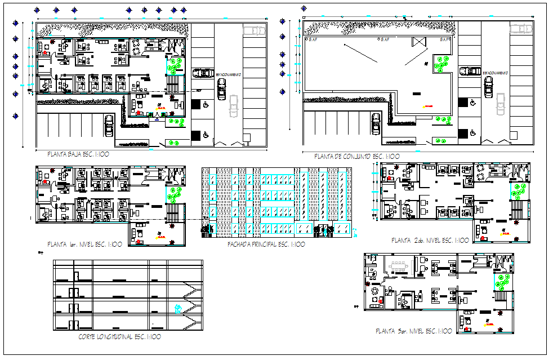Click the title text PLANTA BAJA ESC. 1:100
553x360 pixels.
[78, 154]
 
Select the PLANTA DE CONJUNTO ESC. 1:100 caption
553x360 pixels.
[356, 156]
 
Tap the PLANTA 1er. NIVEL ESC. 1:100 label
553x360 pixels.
[85, 244]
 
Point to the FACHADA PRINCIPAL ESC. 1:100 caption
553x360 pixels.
[266, 245]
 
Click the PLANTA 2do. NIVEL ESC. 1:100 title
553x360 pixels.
[430, 241]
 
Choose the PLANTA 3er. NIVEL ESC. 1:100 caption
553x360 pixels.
[413, 331]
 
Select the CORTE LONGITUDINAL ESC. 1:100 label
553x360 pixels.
[120, 337]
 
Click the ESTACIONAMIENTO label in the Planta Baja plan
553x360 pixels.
[229, 74]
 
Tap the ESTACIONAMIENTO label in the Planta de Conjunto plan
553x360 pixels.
[496, 73]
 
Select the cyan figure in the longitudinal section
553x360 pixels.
[178, 308]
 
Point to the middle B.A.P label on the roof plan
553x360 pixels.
[385, 40]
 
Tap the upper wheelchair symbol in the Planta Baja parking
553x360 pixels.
[205, 104]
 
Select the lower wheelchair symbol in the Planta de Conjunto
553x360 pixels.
[472, 133]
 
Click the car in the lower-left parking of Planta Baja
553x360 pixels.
[109, 126]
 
